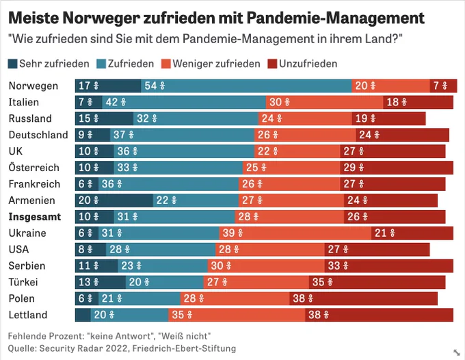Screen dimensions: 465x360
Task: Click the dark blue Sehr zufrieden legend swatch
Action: point(12,64)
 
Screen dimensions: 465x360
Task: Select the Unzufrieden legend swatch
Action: point(272,64)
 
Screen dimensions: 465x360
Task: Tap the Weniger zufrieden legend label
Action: point(217,64)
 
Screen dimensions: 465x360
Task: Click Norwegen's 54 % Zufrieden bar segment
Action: point(246,86)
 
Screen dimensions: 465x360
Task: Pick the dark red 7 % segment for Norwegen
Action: point(443,86)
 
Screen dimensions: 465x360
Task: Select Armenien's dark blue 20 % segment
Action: point(114,201)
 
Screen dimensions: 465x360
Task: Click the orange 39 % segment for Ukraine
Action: point(295,233)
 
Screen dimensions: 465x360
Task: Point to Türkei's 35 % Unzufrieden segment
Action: point(377,282)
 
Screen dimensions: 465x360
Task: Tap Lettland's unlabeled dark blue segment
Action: point(83,315)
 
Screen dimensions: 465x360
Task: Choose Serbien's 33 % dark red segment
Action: point(389,266)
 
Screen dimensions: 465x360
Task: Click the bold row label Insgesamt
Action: point(35,217)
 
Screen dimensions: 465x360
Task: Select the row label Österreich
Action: point(34,168)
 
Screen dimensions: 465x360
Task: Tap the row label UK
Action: point(16,151)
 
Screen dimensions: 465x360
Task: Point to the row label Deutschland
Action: point(38,135)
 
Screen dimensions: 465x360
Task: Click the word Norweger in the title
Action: point(101,18)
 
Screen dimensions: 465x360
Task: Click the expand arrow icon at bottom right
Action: point(456,352)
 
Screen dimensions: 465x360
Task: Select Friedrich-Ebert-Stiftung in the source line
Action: point(184,348)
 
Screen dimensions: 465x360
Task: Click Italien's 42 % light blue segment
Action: point(184,102)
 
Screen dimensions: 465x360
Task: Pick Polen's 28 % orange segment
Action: point(235,298)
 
